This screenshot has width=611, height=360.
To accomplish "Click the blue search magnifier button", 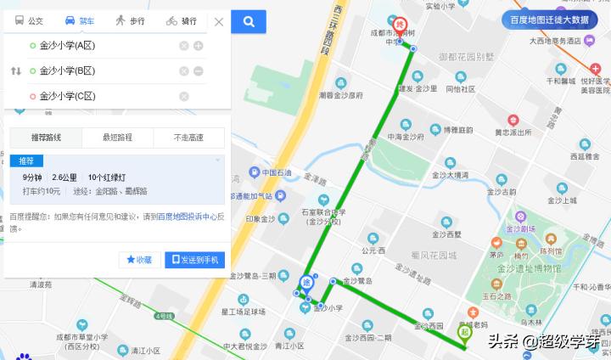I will point(249,22).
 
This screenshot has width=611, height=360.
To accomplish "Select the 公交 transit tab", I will point(30,20).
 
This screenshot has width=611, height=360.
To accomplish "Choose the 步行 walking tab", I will point(130,20).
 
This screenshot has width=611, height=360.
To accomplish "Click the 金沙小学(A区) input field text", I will point(67,45).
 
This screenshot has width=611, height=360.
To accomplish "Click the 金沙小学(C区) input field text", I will point(67,96).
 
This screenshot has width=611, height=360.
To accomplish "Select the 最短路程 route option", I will point(117,138).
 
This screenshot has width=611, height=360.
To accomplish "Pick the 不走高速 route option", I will point(188,138).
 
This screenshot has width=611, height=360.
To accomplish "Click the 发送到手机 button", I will point(194,259).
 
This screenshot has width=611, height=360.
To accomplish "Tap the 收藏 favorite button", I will point(139,259).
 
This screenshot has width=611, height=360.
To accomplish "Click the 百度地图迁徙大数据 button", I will point(549,20).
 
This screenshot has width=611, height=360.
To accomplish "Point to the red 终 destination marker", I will point(401,25).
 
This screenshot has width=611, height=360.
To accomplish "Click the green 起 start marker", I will point(464,334).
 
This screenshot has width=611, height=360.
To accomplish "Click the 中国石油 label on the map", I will point(277,173).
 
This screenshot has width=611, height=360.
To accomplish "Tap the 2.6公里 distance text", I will point(64,177).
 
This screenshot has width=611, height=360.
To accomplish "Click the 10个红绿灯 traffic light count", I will point(107,177).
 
